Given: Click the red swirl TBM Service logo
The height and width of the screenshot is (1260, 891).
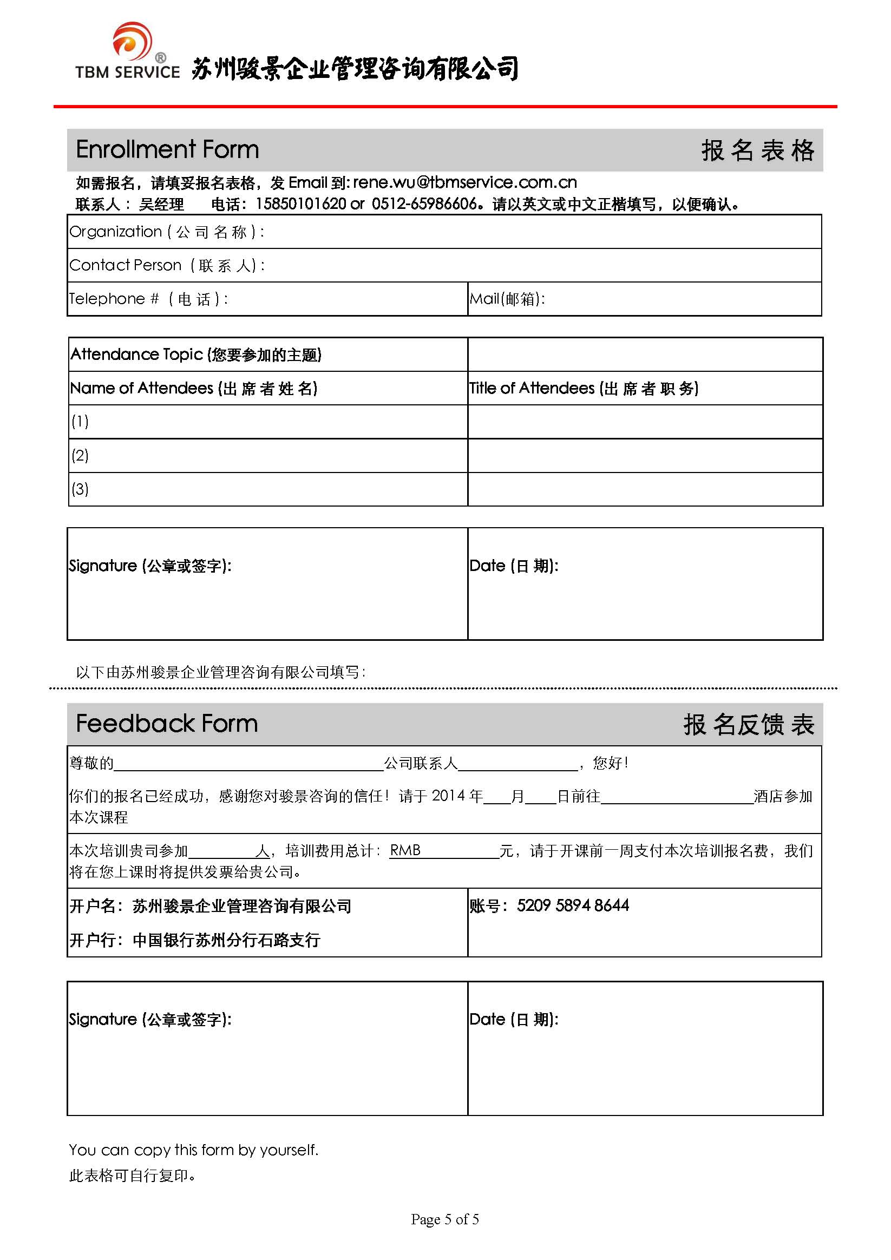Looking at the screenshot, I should point(132,41).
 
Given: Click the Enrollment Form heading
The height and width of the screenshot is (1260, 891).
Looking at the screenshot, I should point(167,150).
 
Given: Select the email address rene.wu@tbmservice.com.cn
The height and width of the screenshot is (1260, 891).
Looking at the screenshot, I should point(464,182).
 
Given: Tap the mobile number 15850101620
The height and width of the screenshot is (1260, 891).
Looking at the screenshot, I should point(301,204).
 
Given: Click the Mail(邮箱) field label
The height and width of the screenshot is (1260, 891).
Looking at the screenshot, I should point(507,299).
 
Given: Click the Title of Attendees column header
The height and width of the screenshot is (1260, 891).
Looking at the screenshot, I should point(584,389).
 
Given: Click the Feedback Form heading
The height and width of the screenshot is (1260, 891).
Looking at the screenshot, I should point(166,724).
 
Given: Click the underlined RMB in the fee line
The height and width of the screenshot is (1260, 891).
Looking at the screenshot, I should point(404,851).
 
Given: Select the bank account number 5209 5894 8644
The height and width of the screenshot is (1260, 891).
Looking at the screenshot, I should point(573,906).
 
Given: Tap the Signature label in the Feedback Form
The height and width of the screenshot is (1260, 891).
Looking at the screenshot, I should point(150,1020).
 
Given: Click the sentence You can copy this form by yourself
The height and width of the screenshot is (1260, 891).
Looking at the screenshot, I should point(193,1150).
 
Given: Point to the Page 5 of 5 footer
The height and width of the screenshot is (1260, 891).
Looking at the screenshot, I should point(444,1219).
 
